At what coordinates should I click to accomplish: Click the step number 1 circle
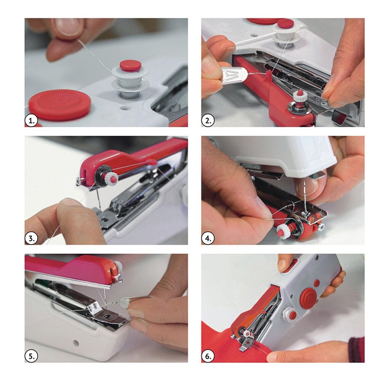32,120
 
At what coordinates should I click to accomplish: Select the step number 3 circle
32,238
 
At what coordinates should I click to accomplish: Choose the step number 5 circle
32,356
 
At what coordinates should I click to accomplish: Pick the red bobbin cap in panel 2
286,24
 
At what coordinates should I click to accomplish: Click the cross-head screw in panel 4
320,227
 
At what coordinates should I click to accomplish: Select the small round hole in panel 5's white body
76,343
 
